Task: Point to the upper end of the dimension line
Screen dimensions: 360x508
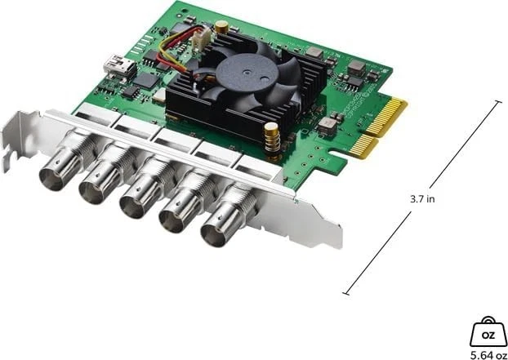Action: click(497, 101)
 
